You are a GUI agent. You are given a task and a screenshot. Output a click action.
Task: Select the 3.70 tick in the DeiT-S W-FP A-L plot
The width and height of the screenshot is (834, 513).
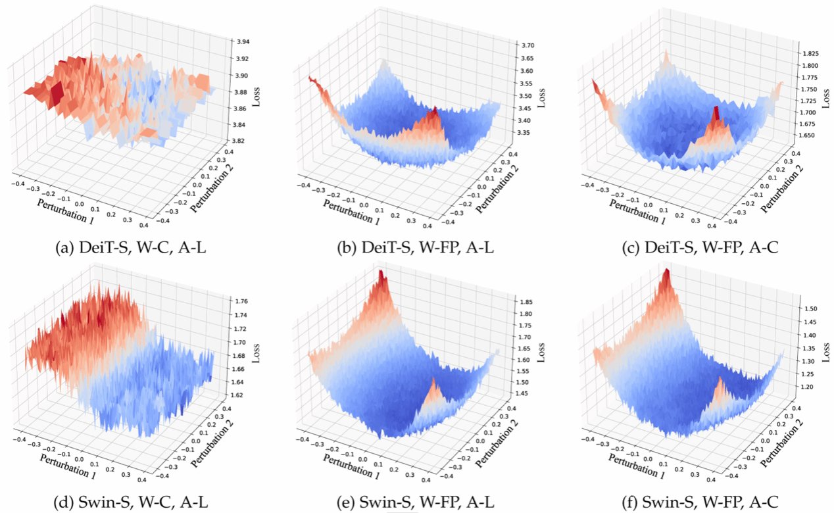527,45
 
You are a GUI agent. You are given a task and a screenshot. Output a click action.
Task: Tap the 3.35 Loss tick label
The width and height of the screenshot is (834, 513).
524,133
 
